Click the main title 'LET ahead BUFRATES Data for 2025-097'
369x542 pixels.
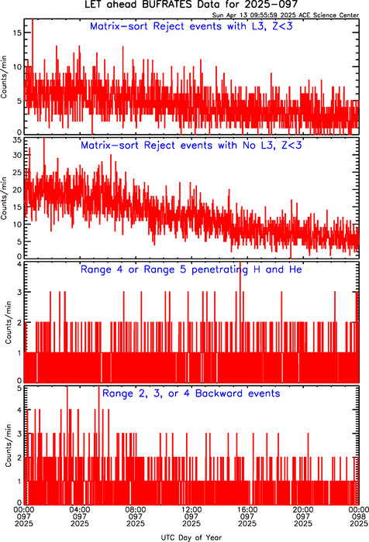[191, 5]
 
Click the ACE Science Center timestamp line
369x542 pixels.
[285, 15]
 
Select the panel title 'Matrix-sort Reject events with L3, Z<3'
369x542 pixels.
[191, 26]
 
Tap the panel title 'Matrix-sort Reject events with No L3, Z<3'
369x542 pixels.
[191, 146]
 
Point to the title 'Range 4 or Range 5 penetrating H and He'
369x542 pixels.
[191, 269]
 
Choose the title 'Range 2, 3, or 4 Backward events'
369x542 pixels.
[191, 393]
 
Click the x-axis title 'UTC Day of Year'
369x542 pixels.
[191, 537]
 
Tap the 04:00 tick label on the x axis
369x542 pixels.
[80, 509]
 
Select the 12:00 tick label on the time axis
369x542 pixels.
[191, 509]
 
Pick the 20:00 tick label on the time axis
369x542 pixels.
[303, 509]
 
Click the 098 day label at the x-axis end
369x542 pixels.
[359, 516]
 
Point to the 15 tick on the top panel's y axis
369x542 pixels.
[17, 33]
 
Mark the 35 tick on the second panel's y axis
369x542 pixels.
[17, 140]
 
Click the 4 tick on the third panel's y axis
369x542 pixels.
[19, 265]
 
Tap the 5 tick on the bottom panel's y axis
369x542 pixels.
[19, 388]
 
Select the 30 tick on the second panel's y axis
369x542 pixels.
[17, 155]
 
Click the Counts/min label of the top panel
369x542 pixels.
[4, 77]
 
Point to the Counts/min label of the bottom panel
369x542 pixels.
[9, 446]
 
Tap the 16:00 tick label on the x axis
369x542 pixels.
[247, 509]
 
